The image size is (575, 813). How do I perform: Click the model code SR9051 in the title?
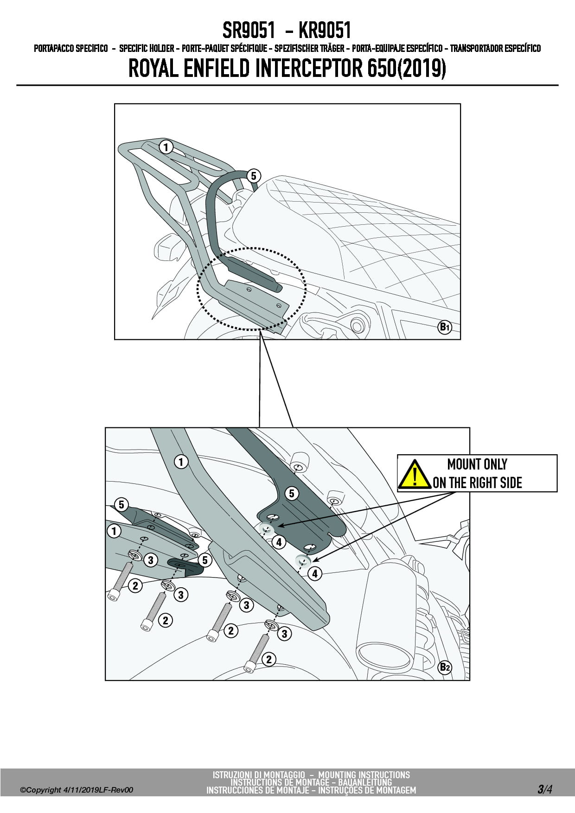pos(249,31)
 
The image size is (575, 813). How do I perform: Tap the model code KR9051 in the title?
pos(325,31)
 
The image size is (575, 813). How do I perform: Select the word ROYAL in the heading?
pos(153,69)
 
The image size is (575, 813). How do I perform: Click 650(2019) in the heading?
pos(406,69)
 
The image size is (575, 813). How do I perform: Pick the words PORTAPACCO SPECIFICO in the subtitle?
pos(71,49)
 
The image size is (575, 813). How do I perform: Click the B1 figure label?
pos(445,327)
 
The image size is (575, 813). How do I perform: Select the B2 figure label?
pos(445,667)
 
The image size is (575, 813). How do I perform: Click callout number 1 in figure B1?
pos(166,147)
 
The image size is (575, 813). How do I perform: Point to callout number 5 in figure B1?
pos(253,176)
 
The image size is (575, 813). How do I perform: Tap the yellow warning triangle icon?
pos(415,474)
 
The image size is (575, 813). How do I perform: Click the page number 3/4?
pos(545,789)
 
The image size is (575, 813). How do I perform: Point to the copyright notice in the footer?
pos(77,790)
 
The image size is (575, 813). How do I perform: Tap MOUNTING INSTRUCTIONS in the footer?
pos(364,775)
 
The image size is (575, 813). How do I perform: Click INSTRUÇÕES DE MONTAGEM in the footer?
pos(364,790)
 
